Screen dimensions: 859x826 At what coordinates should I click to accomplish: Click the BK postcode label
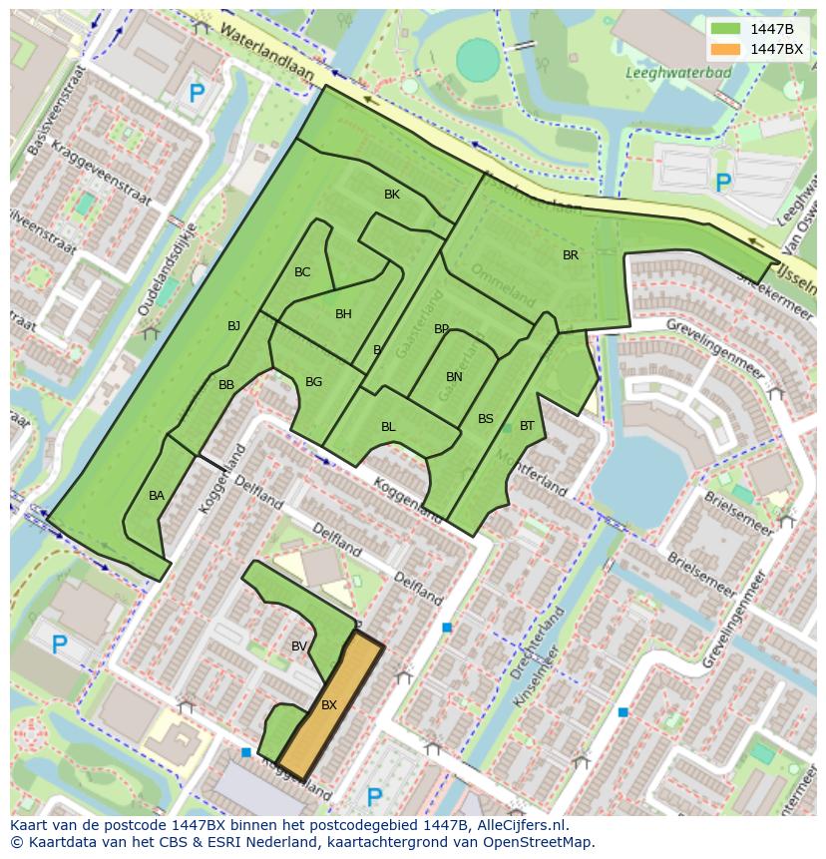tap(391, 195)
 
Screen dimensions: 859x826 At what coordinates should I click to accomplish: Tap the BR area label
tap(570, 255)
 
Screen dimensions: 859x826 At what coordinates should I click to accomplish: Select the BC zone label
tap(302, 272)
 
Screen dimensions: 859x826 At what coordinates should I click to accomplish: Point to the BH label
tap(343, 314)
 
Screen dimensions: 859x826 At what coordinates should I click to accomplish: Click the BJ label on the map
tap(233, 326)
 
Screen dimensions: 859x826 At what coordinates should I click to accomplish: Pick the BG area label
tap(313, 382)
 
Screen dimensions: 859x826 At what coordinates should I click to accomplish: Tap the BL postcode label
tap(388, 427)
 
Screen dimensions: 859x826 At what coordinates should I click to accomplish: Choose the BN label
tap(454, 377)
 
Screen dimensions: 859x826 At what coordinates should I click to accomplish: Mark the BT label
tap(527, 426)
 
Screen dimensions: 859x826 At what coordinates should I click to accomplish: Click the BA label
tap(157, 496)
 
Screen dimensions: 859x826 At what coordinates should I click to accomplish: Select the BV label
tap(298, 646)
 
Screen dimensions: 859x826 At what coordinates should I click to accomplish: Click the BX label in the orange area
tap(329, 705)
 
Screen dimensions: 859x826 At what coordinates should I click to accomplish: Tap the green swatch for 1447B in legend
tap(725, 29)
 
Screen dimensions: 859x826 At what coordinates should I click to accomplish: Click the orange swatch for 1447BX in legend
tap(725, 49)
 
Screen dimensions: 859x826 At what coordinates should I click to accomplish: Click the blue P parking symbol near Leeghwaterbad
tap(723, 183)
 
